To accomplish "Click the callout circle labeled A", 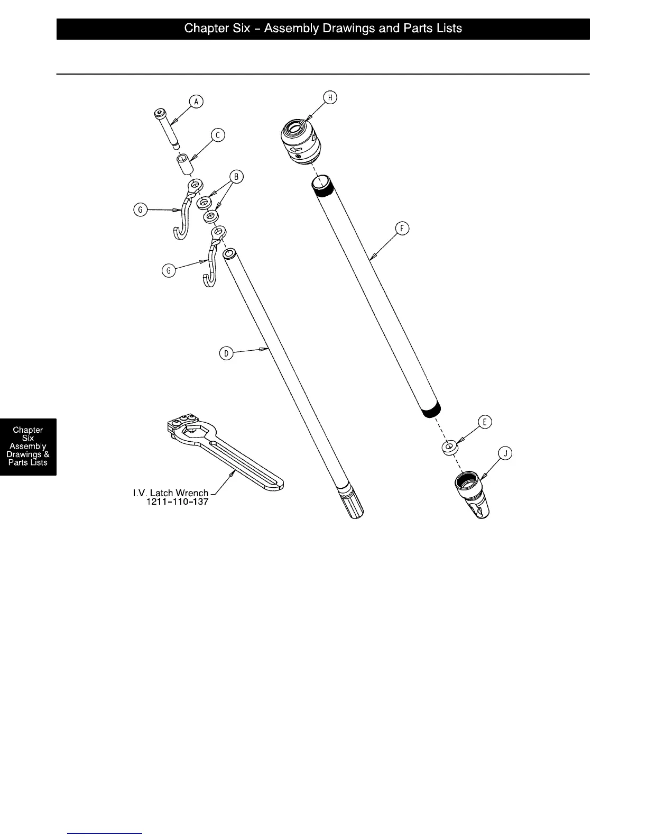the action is click(196, 102).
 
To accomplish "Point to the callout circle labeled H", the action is click(330, 97).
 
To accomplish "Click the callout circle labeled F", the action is click(403, 229).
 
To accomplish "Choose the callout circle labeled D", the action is click(226, 353).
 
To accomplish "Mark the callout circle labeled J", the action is click(506, 453).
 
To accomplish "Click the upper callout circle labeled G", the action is click(141, 211).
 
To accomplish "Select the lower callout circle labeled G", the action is click(169, 271).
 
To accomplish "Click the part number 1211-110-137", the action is click(177, 502).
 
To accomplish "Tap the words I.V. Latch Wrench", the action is click(170, 493).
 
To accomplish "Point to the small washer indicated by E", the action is click(449, 448).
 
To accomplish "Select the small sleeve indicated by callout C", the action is click(184, 165).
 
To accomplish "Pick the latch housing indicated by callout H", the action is click(300, 141).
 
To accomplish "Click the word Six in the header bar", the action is click(241, 29).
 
